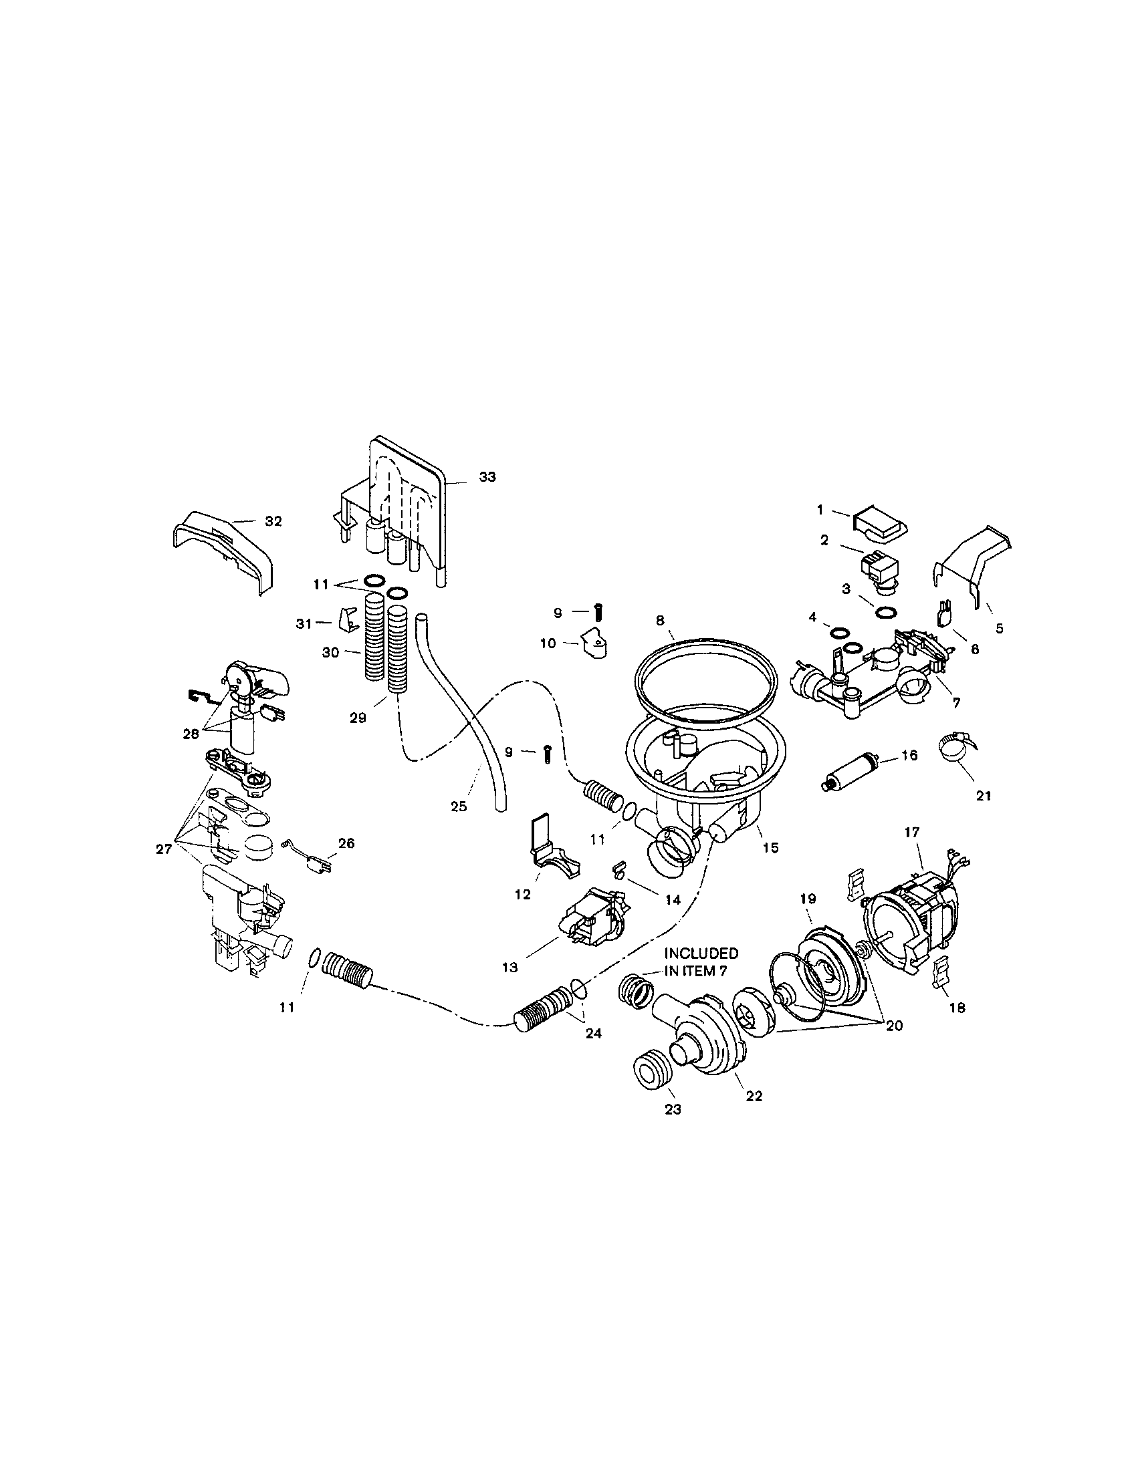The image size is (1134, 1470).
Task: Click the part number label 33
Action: pyautogui.click(x=487, y=477)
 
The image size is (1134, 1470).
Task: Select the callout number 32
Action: pyautogui.click(x=273, y=521)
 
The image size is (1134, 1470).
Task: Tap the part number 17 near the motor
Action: pyautogui.click(x=911, y=833)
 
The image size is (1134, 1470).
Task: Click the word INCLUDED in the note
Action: pyautogui.click(x=701, y=953)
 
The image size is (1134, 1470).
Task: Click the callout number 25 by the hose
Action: pyautogui.click(x=459, y=806)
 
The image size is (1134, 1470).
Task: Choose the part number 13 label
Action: pyautogui.click(x=509, y=968)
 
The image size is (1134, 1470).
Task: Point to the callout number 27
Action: pyautogui.click(x=164, y=849)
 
